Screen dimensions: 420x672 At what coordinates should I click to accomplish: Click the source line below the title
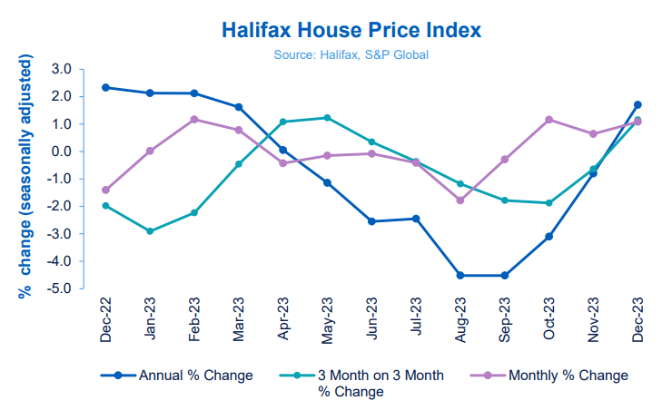click(351, 55)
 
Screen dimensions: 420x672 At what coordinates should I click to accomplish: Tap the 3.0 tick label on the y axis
click(61, 69)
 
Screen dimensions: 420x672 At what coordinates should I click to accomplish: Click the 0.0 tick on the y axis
click(61, 151)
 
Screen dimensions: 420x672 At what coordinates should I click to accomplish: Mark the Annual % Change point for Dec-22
click(106, 87)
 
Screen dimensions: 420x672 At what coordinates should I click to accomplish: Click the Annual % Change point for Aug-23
click(460, 275)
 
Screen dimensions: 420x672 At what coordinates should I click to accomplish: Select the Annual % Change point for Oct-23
click(548, 237)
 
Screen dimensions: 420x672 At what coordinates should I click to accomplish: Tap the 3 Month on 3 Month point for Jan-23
click(150, 231)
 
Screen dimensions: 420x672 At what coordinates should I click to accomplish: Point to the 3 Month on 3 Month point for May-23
click(327, 118)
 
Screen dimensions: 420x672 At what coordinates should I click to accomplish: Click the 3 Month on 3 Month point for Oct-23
click(548, 203)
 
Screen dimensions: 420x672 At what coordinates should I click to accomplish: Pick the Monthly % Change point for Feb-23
click(194, 119)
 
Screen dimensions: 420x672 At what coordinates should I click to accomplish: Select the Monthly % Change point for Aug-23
click(460, 200)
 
